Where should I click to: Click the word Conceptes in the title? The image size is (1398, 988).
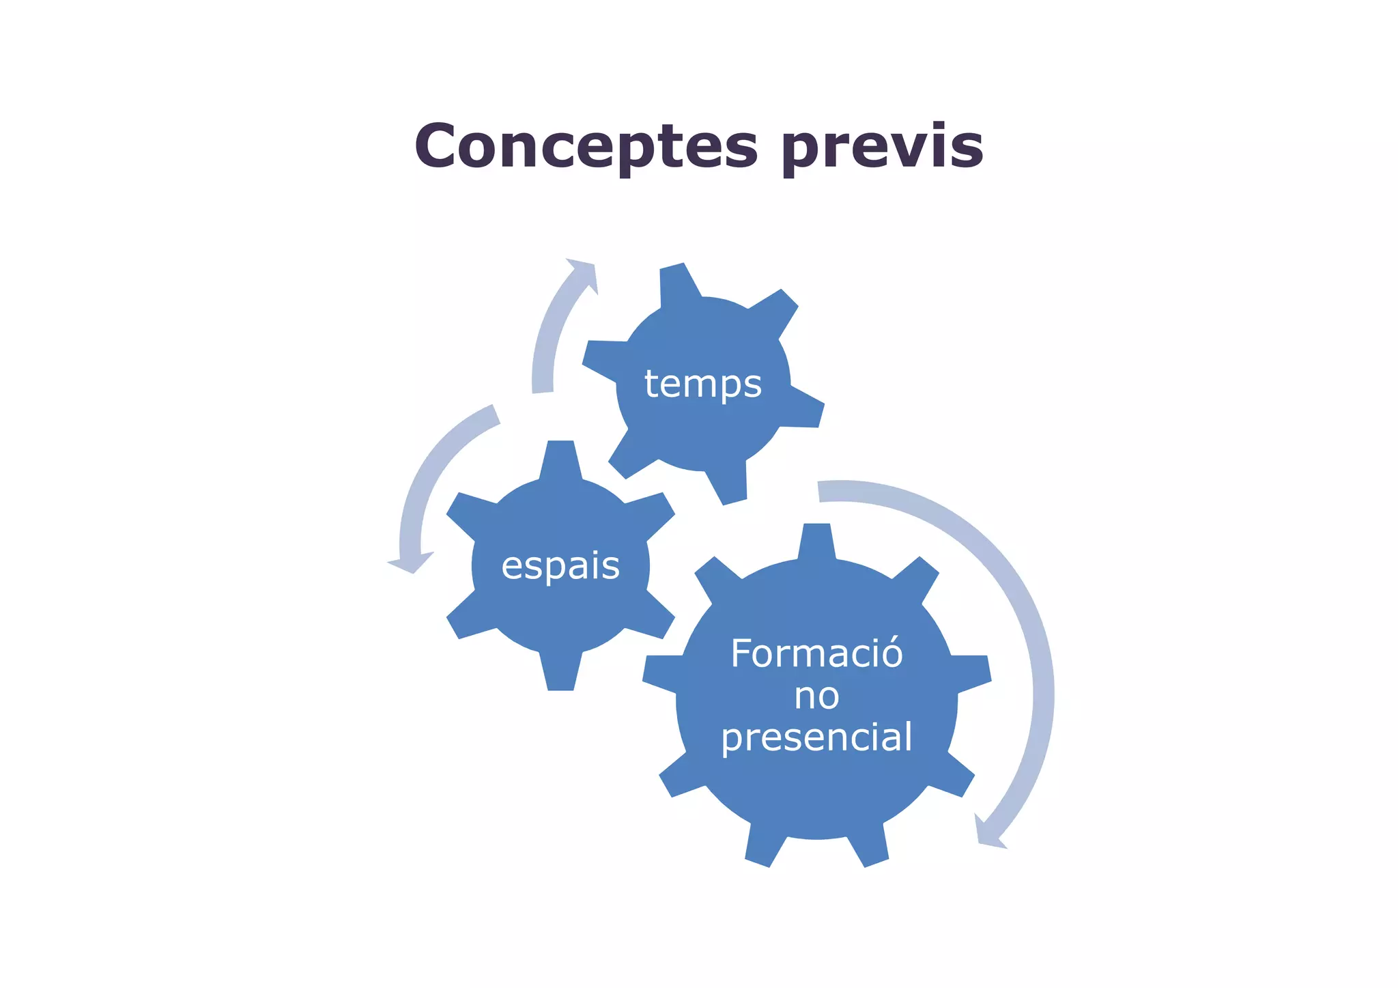(x=586, y=146)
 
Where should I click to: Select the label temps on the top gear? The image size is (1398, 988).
(x=702, y=384)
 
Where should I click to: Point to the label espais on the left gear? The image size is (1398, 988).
(x=560, y=566)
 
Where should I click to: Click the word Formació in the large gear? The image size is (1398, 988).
(x=816, y=653)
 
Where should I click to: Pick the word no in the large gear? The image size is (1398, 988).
(x=816, y=696)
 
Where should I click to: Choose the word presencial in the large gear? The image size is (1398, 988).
(x=816, y=739)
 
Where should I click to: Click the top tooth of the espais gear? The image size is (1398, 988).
(x=560, y=457)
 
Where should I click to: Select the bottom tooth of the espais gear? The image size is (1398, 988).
(x=560, y=674)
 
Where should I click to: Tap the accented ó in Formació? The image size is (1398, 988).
(x=891, y=652)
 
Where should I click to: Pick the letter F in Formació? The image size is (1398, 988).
(x=741, y=653)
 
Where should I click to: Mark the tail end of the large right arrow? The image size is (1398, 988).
(x=819, y=492)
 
